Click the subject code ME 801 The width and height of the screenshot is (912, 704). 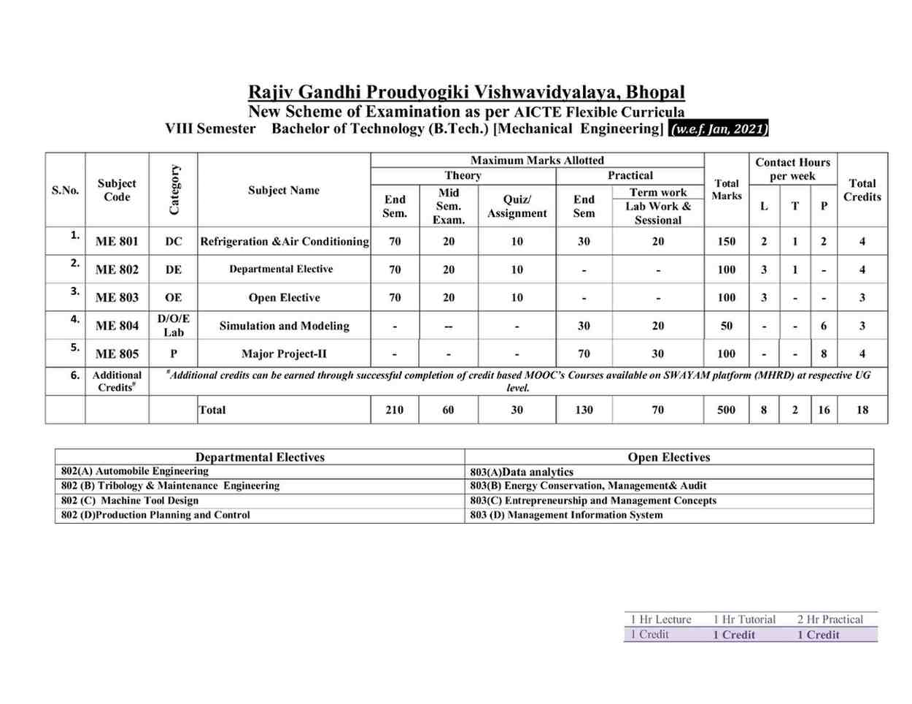click(117, 242)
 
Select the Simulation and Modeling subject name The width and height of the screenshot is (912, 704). click(284, 326)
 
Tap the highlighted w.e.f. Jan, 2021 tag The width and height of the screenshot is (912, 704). click(719, 129)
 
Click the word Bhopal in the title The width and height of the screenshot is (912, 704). click(655, 93)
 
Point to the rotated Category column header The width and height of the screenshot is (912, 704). click(174, 190)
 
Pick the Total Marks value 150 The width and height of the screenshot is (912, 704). click(726, 242)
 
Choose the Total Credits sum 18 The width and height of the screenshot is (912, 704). click(862, 410)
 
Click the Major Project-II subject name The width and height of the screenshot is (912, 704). click(284, 354)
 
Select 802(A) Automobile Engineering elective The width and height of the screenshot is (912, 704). click(135, 471)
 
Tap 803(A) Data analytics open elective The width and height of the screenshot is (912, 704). click(522, 472)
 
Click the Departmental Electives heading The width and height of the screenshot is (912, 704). click(260, 457)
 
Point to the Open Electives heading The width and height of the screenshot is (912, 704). click(668, 457)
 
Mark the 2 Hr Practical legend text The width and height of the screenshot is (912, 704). click(830, 619)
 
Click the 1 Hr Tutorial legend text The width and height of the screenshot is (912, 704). click(744, 619)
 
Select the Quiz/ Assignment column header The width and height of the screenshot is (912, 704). click(517, 206)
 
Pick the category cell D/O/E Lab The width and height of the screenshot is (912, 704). click(174, 326)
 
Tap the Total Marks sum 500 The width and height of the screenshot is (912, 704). click(726, 410)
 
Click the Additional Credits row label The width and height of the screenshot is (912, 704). click(117, 381)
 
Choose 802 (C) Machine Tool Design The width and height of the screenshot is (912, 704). click(130, 500)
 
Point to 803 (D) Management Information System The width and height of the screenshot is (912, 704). click(566, 515)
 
